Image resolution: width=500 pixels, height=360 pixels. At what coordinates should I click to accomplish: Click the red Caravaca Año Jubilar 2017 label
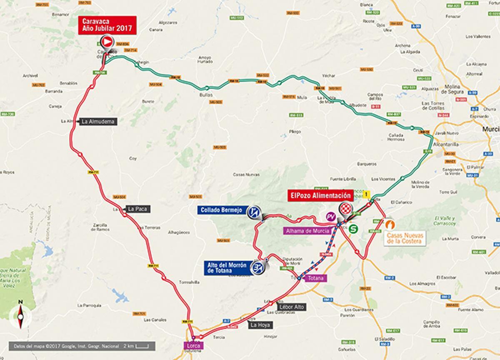pos(107,25)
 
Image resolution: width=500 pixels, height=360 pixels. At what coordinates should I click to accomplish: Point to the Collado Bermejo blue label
pos(221,210)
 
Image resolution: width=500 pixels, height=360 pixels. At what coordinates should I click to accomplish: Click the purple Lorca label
pos(193,345)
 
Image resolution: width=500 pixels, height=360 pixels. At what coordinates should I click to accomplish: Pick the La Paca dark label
pos(137,209)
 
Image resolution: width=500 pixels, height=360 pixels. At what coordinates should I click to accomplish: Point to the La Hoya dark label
pos(260,325)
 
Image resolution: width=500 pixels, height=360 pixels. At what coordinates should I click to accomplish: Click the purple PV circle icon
pos(331,217)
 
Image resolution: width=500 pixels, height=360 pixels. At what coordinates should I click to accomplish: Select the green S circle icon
pos(354,228)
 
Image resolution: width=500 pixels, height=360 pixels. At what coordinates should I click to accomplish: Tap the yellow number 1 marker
pos(367,194)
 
